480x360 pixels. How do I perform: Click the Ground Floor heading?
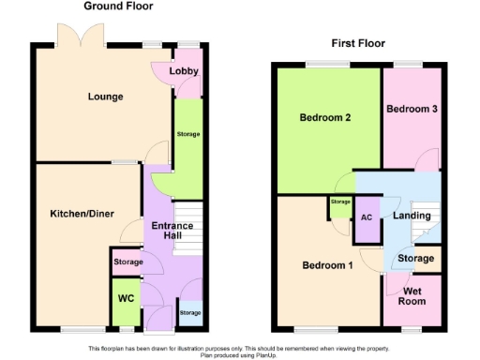click(x=118, y=7)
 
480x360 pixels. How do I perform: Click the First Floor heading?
click(x=358, y=43)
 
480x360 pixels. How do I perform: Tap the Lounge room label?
click(x=105, y=97)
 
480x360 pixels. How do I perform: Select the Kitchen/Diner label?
click(x=82, y=214)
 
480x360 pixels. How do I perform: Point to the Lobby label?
click(x=184, y=72)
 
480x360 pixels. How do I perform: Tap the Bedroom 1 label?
click(x=327, y=265)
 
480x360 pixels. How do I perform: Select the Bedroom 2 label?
click(x=325, y=118)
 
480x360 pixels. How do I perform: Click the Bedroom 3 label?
click(x=412, y=110)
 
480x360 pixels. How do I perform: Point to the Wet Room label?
click(x=413, y=296)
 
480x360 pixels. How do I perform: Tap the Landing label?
click(x=412, y=216)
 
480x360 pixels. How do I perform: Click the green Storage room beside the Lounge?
click(x=188, y=137)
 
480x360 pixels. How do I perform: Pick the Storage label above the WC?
click(x=127, y=262)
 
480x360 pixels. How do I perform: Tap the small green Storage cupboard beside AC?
click(x=340, y=202)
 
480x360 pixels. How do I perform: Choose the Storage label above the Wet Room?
click(x=416, y=258)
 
